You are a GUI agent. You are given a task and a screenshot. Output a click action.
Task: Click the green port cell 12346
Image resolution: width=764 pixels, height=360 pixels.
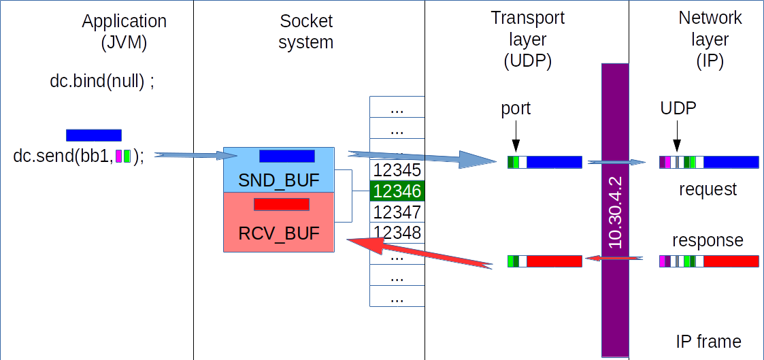[x=397, y=191]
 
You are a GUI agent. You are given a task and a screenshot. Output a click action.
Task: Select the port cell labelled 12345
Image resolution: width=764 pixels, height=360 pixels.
[x=397, y=170]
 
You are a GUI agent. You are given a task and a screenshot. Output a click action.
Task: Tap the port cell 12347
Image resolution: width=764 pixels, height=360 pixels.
[x=397, y=212]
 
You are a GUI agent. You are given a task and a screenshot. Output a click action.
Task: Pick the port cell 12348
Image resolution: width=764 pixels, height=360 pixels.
[x=397, y=232]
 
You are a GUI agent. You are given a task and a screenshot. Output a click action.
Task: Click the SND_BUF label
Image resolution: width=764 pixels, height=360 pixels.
[x=279, y=181]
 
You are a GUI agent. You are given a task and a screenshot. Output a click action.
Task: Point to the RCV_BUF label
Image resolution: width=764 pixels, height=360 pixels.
[x=279, y=234]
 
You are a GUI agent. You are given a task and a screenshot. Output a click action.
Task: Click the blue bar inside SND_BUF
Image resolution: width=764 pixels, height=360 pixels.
[x=286, y=156]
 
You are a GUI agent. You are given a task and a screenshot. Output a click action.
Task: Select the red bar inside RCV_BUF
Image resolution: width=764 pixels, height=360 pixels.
[x=282, y=204]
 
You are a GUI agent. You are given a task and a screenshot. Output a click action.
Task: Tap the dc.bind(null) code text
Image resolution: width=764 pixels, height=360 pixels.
[x=102, y=82]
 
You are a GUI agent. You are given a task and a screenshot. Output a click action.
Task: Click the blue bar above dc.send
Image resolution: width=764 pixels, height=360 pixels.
[x=94, y=135]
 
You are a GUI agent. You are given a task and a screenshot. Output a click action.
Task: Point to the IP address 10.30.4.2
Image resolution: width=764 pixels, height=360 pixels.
[x=616, y=213]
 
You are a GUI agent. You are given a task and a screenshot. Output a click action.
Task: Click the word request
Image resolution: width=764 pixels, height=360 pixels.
[x=708, y=189]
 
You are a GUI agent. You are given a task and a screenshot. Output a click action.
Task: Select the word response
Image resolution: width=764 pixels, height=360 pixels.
[x=708, y=240]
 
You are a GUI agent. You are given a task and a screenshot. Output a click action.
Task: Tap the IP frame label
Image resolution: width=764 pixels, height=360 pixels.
[x=708, y=341]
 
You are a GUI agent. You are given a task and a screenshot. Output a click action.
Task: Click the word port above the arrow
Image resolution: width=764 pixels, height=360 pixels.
[x=516, y=109]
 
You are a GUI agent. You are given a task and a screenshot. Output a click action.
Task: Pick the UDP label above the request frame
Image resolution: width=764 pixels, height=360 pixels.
[x=677, y=108]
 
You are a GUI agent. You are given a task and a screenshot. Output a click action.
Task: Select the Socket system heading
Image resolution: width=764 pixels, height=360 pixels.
[x=306, y=31]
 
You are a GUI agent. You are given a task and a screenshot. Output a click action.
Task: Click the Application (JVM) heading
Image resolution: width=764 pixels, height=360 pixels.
[x=124, y=32]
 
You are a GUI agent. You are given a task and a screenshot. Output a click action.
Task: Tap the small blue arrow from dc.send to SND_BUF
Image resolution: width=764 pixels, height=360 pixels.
[x=195, y=155]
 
